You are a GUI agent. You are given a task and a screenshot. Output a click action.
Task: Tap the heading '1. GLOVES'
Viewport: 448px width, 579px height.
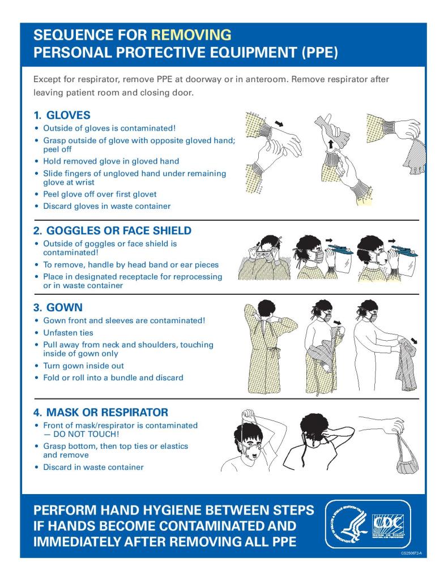click(x=62, y=115)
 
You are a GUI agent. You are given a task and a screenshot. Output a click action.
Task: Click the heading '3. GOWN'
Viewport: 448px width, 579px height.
click(x=58, y=308)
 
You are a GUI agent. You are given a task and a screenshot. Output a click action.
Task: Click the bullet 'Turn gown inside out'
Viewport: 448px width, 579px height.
click(x=83, y=366)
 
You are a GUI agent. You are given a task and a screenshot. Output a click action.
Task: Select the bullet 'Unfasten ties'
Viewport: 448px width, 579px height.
click(x=68, y=333)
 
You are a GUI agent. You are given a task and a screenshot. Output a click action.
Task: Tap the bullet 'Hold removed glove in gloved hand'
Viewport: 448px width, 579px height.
click(x=111, y=161)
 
